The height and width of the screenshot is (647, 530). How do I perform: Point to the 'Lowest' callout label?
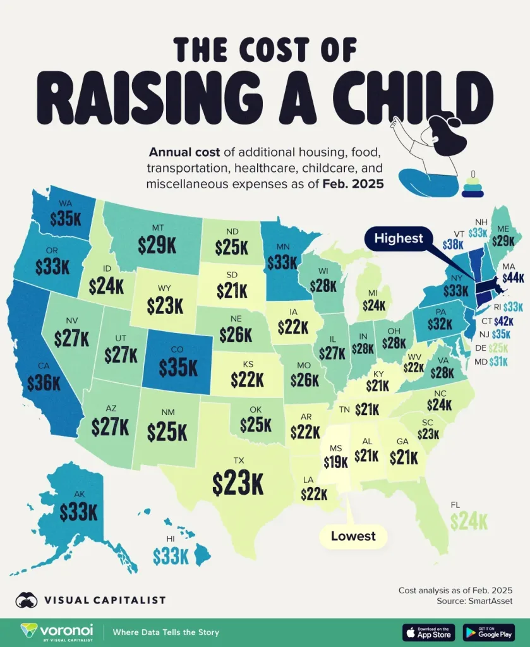353,536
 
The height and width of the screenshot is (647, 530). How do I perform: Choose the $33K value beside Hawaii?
171,556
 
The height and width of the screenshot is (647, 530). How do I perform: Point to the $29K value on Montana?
157,245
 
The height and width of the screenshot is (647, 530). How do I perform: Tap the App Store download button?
429,632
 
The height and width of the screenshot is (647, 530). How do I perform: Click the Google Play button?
490,632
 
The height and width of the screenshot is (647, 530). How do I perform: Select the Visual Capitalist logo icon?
27,600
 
